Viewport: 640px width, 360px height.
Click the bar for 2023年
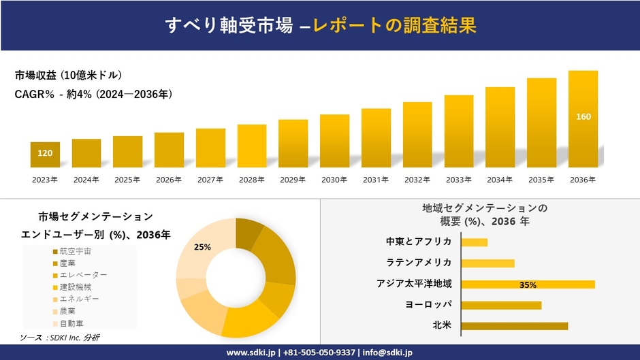pos(45,154)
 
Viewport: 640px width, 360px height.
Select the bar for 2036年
pos(583,119)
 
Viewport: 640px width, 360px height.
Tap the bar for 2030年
pos(334,141)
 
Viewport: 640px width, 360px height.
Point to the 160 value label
pos(583,117)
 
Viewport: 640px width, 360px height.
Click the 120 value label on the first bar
pos(45,153)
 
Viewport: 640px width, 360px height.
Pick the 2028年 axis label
pos(251,180)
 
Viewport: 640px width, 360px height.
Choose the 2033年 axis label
pos(458,180)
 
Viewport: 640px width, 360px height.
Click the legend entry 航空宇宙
pos(75,251)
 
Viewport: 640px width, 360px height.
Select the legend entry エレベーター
pos(83,275)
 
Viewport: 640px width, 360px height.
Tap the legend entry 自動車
pos(71,323)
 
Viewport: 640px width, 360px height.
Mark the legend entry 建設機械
pos(75,287)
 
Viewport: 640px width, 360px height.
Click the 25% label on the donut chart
pos(202,247)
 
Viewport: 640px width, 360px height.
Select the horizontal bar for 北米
pos(514,326)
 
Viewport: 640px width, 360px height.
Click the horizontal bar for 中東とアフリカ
pos(474,242)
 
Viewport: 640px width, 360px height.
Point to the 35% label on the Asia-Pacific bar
pos(528,284)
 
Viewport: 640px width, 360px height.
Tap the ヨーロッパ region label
pos(428,305)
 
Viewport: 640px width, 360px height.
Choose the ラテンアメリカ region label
pos(419,263)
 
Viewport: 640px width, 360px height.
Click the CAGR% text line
pos(93,94)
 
